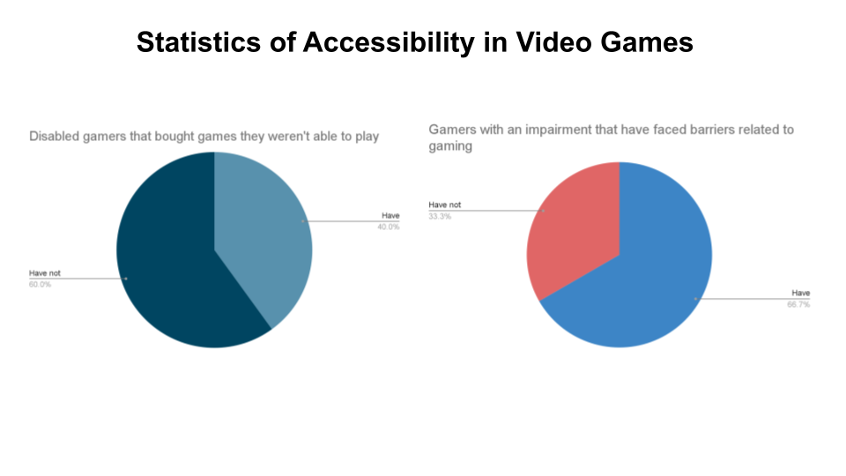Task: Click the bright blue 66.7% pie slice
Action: tap(643, 282)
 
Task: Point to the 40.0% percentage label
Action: tap(390, 227)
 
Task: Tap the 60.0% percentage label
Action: tap(40, 285)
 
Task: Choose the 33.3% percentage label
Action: tap(440, 216)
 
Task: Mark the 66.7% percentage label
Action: tap(799, 304)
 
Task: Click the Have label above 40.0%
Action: tap(390, 215)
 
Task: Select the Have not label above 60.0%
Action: tap(45, 273)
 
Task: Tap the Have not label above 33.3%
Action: tap(445, 205)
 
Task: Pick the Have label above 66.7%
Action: tap(801, 293)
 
